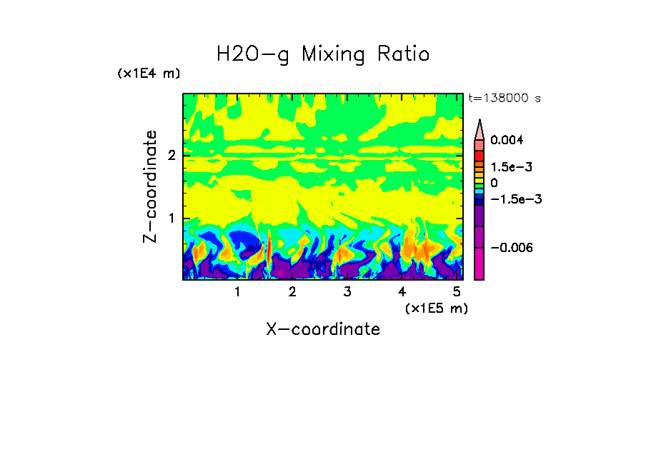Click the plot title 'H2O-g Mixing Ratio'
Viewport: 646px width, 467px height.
tap(323, 54)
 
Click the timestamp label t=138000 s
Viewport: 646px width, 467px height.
tap(505, 99)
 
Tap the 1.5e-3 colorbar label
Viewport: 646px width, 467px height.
tap(507, 167)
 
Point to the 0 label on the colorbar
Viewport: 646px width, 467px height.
tap(494, 184)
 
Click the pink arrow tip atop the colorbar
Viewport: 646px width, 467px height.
tap(479, 128)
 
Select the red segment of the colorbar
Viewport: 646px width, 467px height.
tap(479, 156)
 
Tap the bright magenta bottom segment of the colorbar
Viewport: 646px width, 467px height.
tap(479, 264)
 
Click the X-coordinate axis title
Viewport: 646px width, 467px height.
tap(323, 329)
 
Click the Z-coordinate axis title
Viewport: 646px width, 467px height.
tap(150, 186)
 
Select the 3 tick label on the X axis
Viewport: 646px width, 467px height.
tap(347, 292)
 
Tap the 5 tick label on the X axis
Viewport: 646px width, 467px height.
tap(457, 292)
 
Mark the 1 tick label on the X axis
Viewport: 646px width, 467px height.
tap(237, 292)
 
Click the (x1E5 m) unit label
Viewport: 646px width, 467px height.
tap(436, 308)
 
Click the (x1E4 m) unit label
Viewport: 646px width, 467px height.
tap(149, 74)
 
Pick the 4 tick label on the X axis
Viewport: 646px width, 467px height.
tap(402, 292)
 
